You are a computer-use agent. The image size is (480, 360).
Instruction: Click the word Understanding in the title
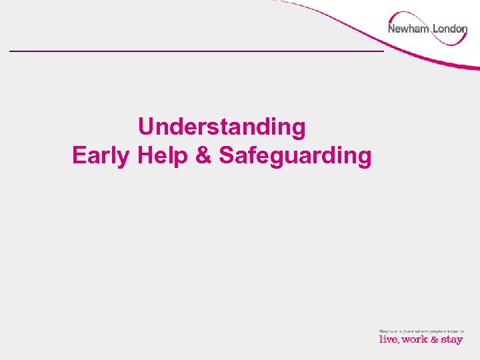point(222,127)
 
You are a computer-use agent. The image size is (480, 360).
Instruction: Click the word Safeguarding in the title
point(295,156)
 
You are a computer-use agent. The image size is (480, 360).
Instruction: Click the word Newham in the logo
point(408,29)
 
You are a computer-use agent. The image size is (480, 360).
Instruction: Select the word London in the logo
point(450,29)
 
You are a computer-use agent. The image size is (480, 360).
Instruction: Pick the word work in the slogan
point(415,339)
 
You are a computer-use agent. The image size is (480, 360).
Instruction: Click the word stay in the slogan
point(451,340)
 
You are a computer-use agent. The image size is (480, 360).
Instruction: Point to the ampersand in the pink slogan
point(434,339)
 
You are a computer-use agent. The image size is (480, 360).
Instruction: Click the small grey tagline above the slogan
point(421,331)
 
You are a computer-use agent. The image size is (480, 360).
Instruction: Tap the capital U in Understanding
point(145,127)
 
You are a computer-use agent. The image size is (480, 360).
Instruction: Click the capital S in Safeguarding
point(225,155)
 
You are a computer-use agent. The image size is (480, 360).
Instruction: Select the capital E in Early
point(78,155)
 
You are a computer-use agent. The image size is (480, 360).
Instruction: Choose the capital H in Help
point(143,155)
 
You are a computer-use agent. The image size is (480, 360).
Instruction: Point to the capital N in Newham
point(392,29)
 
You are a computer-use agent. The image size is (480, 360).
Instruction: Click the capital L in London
point(435,29)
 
